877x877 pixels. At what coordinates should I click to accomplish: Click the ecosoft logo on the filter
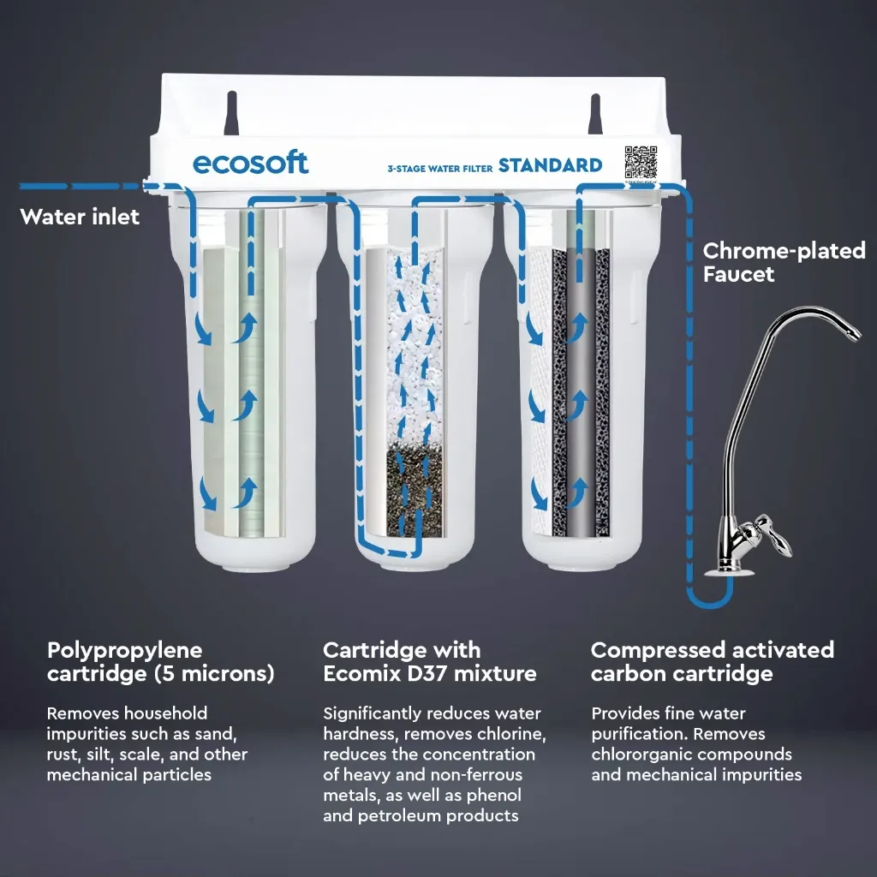point(250,164)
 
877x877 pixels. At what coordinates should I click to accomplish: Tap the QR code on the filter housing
point(641,162)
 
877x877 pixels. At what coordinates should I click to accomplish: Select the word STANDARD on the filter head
point(551,165)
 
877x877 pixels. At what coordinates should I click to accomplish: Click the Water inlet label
point(80,217)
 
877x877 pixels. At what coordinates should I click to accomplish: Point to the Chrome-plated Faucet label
point(785,262)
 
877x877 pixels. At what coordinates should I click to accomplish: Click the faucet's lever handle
point(773,536)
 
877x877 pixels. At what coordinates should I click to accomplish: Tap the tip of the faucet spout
point(855,334)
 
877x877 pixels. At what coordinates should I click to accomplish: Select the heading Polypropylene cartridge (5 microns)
point(161,662)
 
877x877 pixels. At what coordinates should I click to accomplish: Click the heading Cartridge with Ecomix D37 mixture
point(430,662)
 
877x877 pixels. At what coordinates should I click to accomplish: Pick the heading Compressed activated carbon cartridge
point(713,662)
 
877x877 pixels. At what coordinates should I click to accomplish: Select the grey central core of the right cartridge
point(581,391)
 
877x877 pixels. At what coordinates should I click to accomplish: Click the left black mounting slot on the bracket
point(231,114)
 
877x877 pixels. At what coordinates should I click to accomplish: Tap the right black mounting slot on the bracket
point(595,114)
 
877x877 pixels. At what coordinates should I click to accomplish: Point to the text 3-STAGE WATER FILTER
point(440,169)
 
